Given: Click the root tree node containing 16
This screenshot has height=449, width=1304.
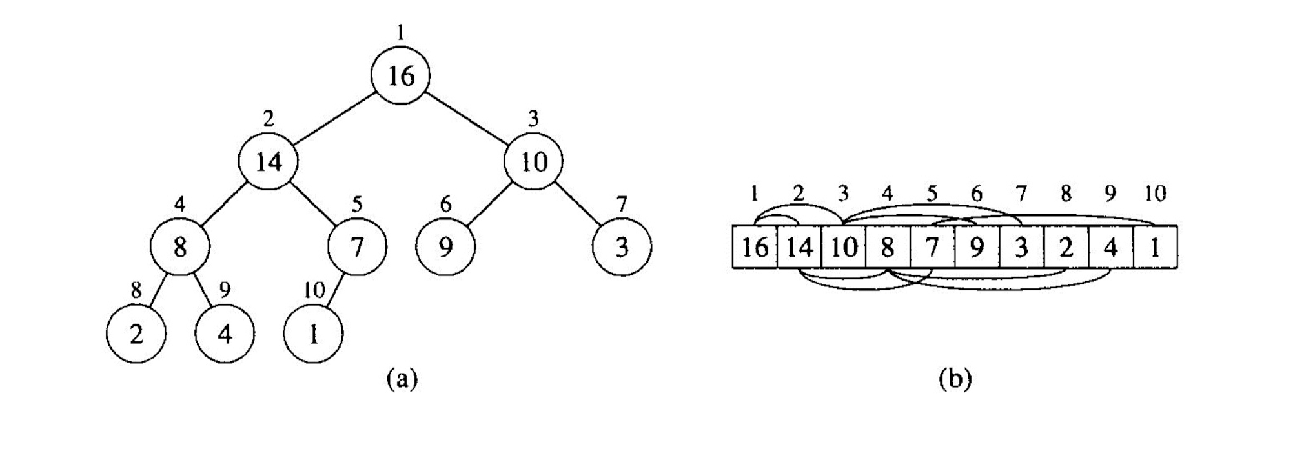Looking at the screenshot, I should click(x=400, y=75).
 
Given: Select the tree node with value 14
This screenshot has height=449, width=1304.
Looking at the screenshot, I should click(x=269, y=161).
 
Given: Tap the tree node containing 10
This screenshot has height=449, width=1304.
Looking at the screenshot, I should click(x=533, y=161).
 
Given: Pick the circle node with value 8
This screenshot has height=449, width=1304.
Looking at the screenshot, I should click(x=180, y=247).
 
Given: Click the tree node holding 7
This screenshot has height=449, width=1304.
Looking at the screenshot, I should click(x=357, y=247).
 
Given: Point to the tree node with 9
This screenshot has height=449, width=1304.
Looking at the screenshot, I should click(x=445, y=247).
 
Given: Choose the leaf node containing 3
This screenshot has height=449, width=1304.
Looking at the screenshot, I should click(x=622, y=247).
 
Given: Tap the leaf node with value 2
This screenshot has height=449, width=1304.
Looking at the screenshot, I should click(x=136, y=334).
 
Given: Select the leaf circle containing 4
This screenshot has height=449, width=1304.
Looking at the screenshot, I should click(x=225, y=334).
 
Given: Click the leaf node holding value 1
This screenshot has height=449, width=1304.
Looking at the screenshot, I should click(x=314, y=334).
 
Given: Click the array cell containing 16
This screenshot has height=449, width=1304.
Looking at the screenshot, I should click(x=755, y=247).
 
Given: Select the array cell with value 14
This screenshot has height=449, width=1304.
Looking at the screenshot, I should click(x=799, y=247).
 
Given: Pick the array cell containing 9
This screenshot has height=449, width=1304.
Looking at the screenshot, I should click(x=977, y=247).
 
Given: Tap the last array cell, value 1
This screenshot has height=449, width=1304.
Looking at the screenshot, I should click(x=1155, y=247).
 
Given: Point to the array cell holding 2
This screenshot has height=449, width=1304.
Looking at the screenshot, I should click(x=1066, y=247).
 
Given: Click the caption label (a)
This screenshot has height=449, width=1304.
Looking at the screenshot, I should click(x=402, y=378).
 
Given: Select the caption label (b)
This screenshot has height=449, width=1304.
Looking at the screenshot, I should click(x=955, y=378).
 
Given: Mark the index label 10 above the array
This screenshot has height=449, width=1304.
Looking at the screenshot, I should click(x=1155, y=193).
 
